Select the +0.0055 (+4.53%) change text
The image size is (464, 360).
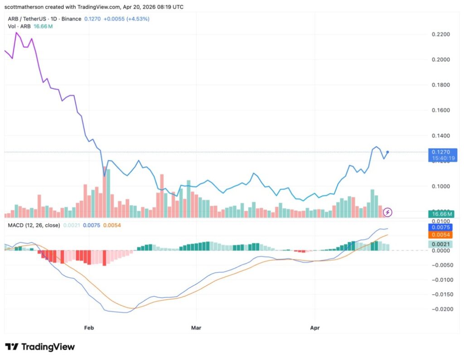tap(126, 19)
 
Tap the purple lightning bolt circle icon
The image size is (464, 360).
tap(388, 211)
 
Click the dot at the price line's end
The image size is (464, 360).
tap(387, 152)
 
